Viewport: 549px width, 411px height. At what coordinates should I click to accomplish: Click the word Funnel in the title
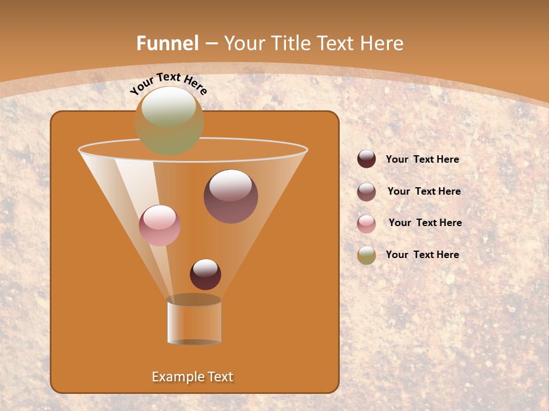(167, 43)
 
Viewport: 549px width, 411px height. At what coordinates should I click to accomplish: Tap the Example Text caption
(193, 377)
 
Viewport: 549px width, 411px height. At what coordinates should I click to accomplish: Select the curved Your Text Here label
(168, 83)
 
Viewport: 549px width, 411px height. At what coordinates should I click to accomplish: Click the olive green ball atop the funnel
(169, 121)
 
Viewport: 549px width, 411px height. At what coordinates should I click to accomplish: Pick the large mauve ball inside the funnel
(230, 196)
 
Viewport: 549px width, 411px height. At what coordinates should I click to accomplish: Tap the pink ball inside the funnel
(160, 225)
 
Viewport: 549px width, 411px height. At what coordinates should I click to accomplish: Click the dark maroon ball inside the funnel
(205, 275)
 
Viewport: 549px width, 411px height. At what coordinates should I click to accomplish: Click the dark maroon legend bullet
(367, 159)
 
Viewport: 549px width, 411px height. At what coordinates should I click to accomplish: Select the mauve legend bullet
(367, 191)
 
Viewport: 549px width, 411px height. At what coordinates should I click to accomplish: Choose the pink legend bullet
(367, 223)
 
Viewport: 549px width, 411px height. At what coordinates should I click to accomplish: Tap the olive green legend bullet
(367, 255)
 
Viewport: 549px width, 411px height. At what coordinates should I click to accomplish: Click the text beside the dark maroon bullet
(422, 160)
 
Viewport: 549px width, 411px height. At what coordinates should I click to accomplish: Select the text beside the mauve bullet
(424, 191)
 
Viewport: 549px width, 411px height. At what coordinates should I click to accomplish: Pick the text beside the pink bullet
(425, 223)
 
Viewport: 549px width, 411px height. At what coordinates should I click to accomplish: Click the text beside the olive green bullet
(422, 255)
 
